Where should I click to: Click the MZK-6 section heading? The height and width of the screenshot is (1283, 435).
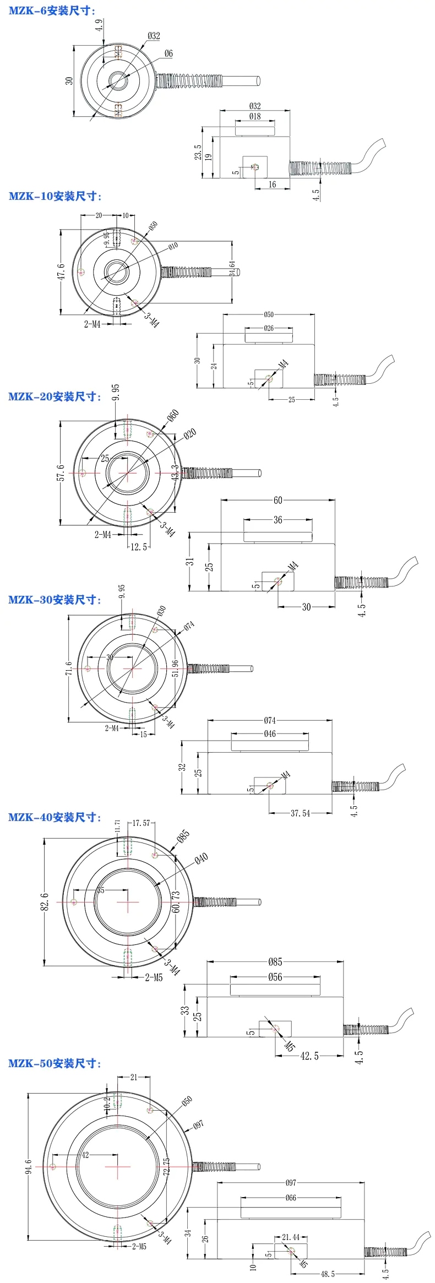[52, 10]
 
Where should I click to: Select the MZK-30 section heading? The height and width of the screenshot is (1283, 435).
[55, 600]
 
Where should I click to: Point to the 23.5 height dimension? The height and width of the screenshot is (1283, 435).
[198, 153]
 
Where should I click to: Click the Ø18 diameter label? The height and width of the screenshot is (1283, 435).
[254, 116]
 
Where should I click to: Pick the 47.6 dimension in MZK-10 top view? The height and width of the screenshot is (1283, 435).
[61, 271]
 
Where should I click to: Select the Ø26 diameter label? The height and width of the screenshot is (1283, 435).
[268, 328]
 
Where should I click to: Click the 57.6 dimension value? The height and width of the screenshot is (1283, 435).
[61, 472]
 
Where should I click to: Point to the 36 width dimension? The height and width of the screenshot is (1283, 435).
[278, 519]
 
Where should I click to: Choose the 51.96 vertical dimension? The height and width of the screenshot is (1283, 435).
[175, 668]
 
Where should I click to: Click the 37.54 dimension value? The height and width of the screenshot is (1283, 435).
[300, 813]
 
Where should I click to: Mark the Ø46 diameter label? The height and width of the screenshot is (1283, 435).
[270, 733]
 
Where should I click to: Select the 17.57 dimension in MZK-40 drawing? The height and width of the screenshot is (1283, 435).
[142, 823]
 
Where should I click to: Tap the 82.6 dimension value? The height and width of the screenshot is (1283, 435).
[45, 901]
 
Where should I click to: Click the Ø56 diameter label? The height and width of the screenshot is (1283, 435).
[275, 977]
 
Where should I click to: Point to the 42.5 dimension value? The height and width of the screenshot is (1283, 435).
[309, 1056]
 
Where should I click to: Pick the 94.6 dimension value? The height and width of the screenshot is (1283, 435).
[29, 1166]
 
